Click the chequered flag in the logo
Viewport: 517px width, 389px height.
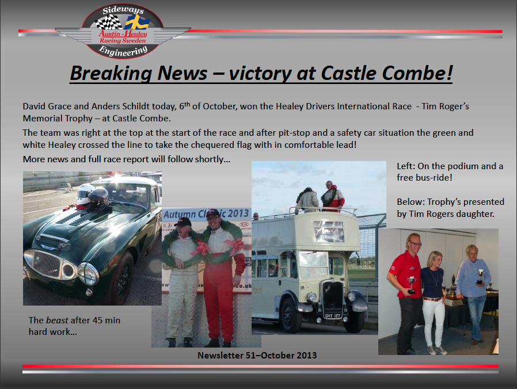point(108,22)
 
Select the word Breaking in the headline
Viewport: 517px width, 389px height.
point(111,74)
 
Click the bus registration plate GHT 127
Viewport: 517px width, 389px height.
point(333,315)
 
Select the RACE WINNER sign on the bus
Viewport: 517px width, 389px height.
point(329,232)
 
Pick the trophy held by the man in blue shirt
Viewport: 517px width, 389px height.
point(480,277)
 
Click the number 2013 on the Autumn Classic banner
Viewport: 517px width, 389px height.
point(238,213)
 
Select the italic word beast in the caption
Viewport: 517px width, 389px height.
point(57,320)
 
